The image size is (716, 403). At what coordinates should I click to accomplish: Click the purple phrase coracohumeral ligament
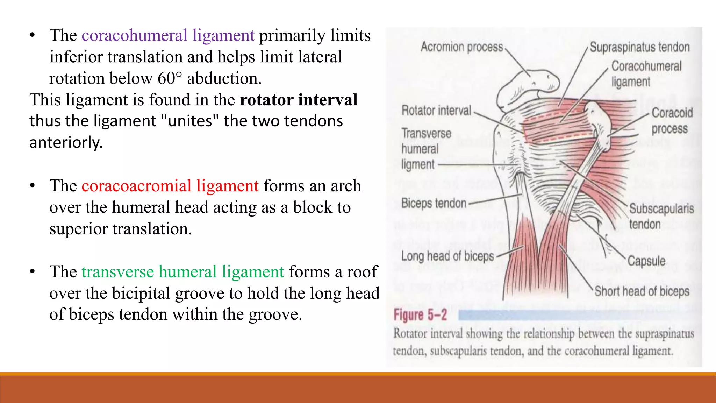click(168, 35)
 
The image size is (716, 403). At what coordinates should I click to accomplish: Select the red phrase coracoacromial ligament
click(170, 186)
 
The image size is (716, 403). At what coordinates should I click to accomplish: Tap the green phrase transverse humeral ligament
click(183, 272)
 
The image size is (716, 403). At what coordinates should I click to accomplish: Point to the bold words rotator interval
click(299, 100)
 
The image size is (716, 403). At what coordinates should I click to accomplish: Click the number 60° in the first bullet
click(170, 78)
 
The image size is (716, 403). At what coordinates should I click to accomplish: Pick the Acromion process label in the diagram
click(461, 47)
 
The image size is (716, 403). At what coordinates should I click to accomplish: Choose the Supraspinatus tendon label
click(639, 47)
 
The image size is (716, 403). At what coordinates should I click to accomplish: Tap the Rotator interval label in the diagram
click(436, 111)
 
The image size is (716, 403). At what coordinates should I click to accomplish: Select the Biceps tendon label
click(434, 203)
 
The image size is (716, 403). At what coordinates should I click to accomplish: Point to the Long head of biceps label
click(447, 256)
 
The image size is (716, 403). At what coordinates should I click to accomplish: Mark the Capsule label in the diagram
click(646, 261)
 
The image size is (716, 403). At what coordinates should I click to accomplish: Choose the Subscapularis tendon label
click(661, 216)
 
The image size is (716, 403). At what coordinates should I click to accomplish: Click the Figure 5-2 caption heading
click(420, 315)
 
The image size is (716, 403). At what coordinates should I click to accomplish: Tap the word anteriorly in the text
click(66, 143)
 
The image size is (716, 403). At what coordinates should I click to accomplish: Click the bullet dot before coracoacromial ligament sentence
click(33, 186)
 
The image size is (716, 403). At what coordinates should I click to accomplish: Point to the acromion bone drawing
click(528, 84)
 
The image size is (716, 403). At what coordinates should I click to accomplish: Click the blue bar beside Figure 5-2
click(573, 315)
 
